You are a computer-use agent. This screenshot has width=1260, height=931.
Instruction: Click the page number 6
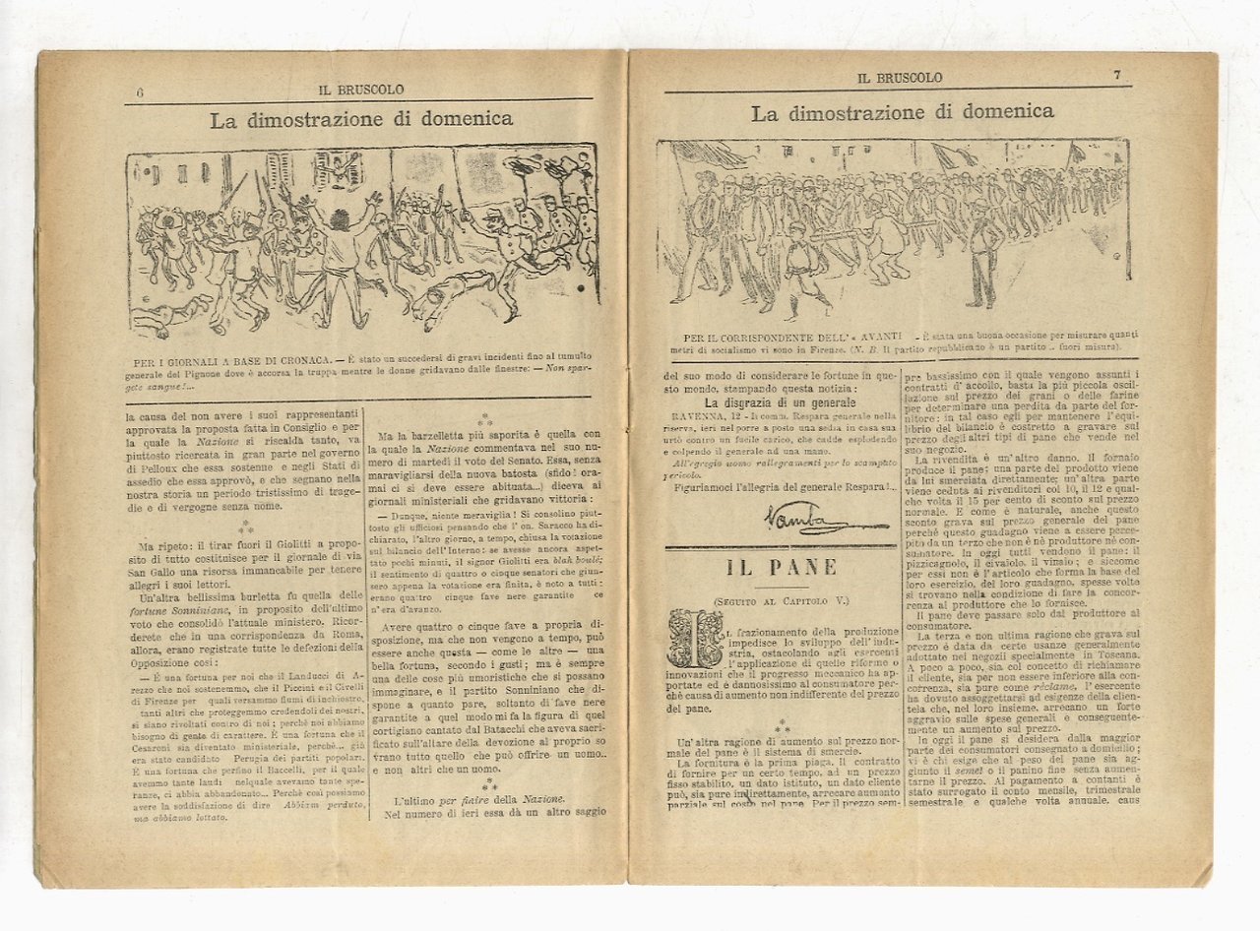tap(141, 92)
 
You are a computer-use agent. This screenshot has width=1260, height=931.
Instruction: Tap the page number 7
tap(1118, 75)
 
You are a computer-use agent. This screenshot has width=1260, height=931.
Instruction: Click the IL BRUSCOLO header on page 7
tap(900, 78)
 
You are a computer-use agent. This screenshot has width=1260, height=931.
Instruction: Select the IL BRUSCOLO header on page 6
tap(360, 90)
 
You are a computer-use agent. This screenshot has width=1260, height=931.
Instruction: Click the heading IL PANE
tap(782, 568)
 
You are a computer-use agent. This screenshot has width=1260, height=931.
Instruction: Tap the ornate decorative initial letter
tap(693, 639)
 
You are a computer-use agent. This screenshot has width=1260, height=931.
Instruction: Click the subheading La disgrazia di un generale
tap(780, 403)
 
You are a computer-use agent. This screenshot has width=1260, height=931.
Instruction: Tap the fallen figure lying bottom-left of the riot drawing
tap(167, 317)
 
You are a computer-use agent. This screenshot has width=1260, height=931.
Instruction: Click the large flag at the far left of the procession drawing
tap(704, 155)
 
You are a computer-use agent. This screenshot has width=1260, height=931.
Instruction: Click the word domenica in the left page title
tap(468, 119)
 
